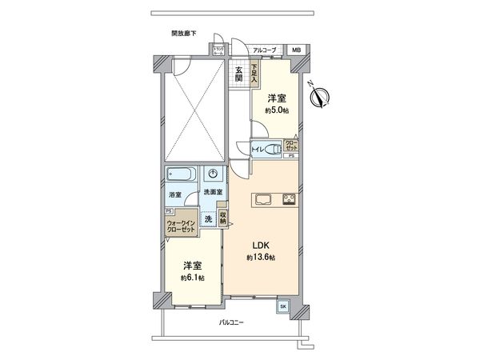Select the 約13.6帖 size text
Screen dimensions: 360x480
click(x=261, y=258)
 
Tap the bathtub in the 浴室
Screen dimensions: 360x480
click(x=181, y=175)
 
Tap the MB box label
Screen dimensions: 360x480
click(x=296, y=50)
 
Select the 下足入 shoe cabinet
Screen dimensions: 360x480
click(x=254, y=74)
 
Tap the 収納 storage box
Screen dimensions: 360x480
click(x=223, y=218)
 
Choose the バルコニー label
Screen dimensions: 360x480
click(x=232, y=323)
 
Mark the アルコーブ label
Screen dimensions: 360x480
click(x=265, y=50)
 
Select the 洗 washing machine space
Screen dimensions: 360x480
click(x=207, y=218)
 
